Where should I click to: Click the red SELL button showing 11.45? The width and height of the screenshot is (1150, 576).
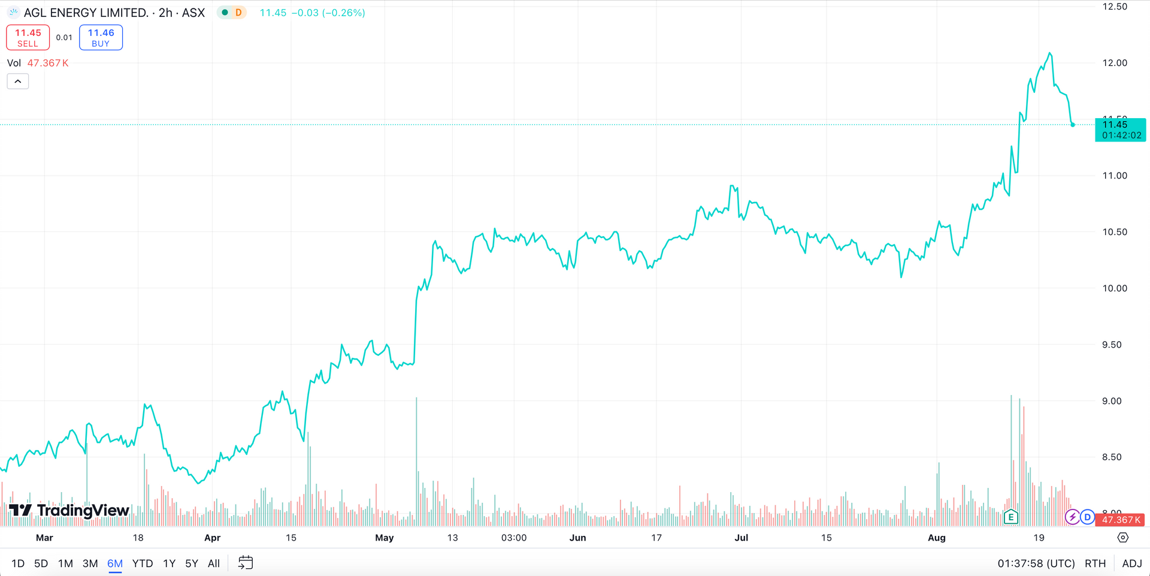(x=28, y=38)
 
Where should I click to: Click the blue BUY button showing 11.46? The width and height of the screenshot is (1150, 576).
(x=101, y=38)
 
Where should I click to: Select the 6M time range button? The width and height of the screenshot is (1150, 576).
(x=114, y=563)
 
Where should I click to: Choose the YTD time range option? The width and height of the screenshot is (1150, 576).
(x=143, y=563)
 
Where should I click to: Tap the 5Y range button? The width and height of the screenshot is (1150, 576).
(x=191, y=563)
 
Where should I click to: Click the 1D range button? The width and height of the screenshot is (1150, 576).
(x=18, y=563)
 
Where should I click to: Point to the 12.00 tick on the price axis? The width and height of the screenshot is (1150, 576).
(x=1115, y=63)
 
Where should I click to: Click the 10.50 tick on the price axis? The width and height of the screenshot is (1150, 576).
(x=1115, y=232)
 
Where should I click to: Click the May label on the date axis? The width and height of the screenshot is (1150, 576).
(x=384, y=538)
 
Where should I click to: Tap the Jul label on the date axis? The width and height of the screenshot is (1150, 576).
(x=741, y=538)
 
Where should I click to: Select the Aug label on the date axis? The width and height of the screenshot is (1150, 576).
(x=936, y=538)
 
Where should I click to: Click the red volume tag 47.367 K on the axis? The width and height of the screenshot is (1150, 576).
(x=1121, y=520)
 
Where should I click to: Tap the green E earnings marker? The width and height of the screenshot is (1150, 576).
(x=1011, y=517)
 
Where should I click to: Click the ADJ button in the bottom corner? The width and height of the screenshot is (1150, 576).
(x=1131, y=563)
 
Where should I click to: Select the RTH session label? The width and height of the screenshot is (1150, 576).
(x=1095, y=563)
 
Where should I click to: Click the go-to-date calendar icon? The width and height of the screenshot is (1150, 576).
(x=246, y=563)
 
